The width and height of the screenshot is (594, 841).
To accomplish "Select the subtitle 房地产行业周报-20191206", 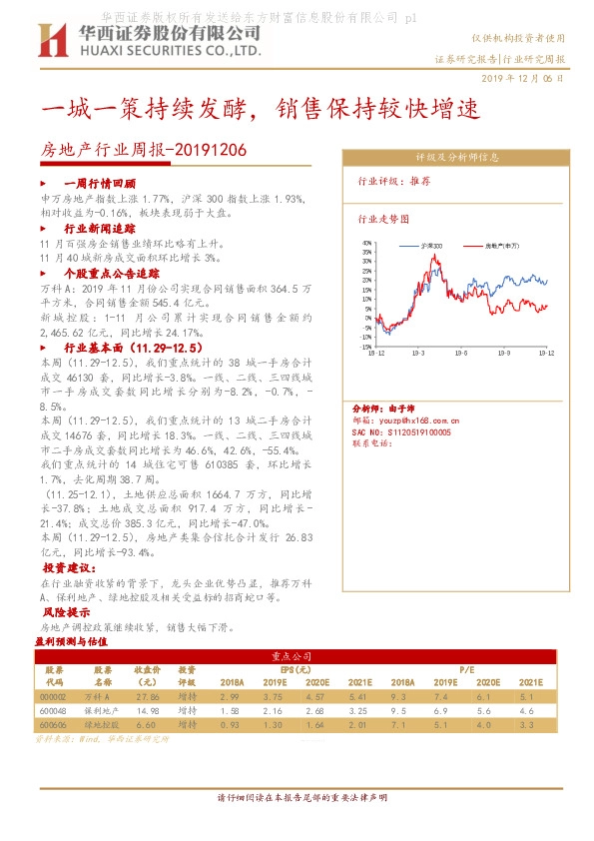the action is point(141,150).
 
